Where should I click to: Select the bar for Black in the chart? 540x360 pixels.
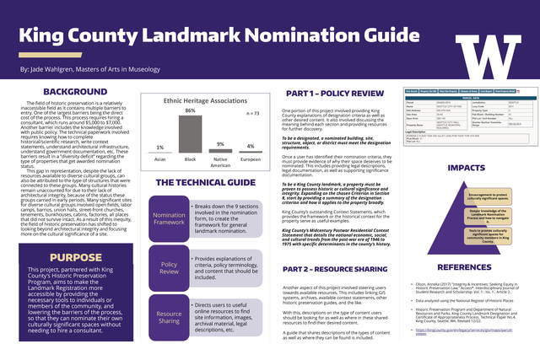tap(190, 133)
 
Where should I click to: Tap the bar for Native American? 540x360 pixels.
tap(219, 148)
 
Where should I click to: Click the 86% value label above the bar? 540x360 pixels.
tap(190, 110)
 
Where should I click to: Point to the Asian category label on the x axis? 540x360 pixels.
tap(160, 159)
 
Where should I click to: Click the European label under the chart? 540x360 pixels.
tap(250, 159)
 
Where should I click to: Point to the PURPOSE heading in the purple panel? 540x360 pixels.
tap(75, 257)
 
